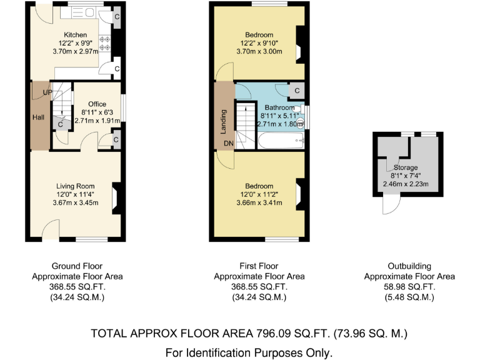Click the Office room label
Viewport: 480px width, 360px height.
point(97,104)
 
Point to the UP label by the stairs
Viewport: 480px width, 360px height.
point(47,92)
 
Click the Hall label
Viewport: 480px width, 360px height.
point(37,117)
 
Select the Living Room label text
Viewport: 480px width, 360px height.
point(75,186)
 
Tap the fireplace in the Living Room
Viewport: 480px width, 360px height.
point(115,197)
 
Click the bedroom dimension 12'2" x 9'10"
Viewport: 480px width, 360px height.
point(259,43)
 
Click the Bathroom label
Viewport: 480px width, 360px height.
point(275,107)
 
